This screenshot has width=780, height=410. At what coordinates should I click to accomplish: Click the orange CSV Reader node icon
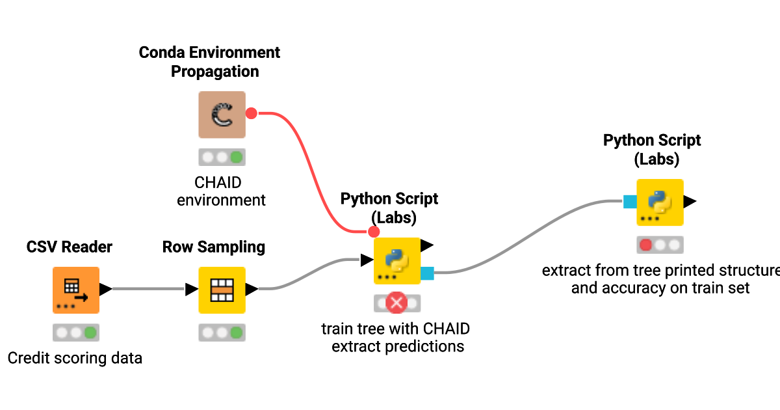pos(76,290)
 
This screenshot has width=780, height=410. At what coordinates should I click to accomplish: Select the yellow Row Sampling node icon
pos(222,290)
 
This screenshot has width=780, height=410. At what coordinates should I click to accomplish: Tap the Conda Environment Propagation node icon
pos(222,115)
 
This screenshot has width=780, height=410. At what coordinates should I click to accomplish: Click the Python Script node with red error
pos(397,261)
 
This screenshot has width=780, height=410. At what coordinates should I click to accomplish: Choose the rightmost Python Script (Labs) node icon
pos(660,202)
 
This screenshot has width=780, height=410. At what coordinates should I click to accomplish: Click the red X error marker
pos(396,303)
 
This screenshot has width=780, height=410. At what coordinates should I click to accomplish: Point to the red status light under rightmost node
pos(646,245)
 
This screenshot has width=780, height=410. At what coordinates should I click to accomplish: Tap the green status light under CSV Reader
pos(90,333)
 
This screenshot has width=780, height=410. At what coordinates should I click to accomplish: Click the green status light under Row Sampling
pos(236,333)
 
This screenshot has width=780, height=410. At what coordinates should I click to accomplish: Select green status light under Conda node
pos(236,157)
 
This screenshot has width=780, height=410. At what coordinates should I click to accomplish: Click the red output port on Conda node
pos(252,114)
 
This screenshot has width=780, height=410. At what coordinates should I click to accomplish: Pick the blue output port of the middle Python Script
pos(427,273)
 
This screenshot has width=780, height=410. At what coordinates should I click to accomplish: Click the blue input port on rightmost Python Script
pos(629,202)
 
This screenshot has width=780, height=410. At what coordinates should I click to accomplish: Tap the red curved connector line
pos(312,169)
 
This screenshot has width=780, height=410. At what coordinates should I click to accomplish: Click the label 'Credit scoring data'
pos(75,358)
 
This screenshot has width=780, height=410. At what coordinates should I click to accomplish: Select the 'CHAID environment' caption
pos(222,191)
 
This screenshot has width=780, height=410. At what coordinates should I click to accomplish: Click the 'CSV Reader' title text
pos(70,247)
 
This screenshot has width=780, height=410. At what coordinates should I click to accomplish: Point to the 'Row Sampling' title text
pos(214,247)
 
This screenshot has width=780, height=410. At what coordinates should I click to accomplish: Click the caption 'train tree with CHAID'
pos(396,329)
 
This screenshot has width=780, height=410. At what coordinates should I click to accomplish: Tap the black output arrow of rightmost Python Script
pos(690,202)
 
